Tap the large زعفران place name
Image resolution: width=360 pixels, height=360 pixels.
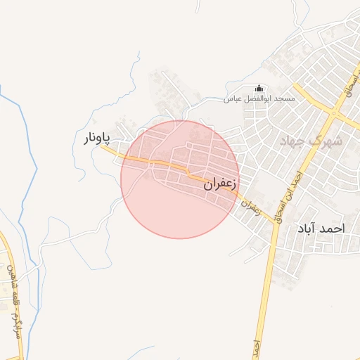pyautogui.click(x=221, y=185)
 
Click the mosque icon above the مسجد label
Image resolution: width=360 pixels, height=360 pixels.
pyautogui.click(x=259, y=89)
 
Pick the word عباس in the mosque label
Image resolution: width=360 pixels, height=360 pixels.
pyautogui.click(x=232, y=99)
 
